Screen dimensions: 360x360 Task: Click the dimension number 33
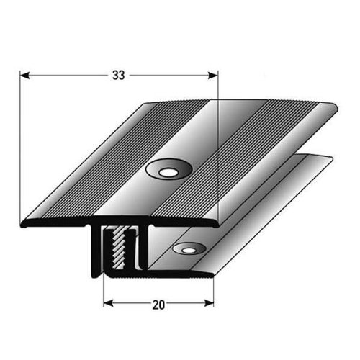(x=119, y=73)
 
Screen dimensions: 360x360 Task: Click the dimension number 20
(x=159, y=304)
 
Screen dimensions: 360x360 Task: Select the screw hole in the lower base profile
(x=189, y=248)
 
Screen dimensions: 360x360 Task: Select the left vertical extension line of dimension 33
(x=20, y=144)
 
